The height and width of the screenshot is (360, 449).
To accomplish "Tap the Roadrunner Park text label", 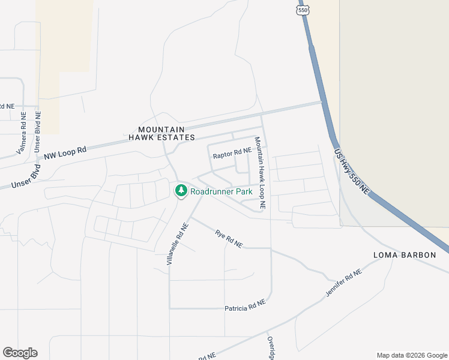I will click(221, 191).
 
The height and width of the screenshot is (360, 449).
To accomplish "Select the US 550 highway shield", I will click(304, 10).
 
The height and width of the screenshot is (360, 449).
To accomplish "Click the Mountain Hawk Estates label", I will click(161, 133).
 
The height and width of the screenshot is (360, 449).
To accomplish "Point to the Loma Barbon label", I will click(405, 255).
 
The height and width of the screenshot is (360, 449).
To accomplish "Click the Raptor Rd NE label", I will click(232, 155).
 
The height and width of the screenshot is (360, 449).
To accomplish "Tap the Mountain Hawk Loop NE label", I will click(259, 173).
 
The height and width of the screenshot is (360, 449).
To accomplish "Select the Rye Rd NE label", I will click(229, 239).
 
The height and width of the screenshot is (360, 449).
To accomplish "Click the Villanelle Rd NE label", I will click(178, 244).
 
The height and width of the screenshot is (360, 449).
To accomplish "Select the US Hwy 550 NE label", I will click(352, 171).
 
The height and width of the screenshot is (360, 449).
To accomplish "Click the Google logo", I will click(20, 353).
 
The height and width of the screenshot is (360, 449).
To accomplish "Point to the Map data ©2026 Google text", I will click(411, 355).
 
